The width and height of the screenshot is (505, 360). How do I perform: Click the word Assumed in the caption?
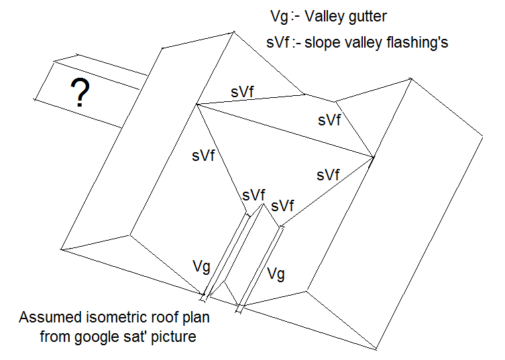(x=46, y=318)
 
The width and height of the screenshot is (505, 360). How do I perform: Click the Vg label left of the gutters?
(x=201, y=267)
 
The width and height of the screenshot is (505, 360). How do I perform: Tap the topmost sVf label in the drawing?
(x=242, y=92)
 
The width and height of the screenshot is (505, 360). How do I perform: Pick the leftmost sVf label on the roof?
(x=202, y=157)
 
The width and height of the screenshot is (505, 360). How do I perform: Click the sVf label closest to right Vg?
(x=283, y=205)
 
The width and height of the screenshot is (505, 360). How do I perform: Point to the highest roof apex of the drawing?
(x=234, y=31)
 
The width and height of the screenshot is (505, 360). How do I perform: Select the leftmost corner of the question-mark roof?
(x=34, y=100)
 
